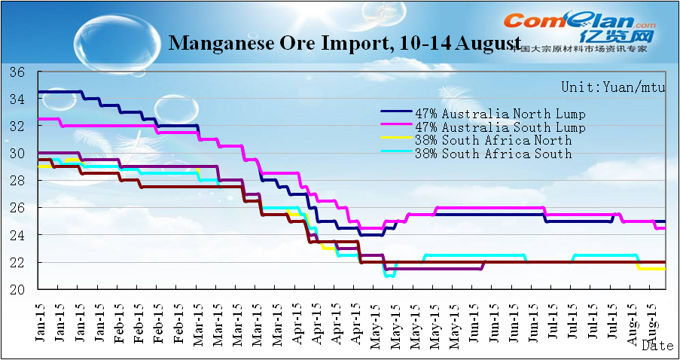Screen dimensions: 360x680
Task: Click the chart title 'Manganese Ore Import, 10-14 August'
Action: pos(345,42)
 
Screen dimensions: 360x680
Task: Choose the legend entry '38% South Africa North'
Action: pos(493,141)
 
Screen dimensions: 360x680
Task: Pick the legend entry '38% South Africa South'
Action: pos(493,154)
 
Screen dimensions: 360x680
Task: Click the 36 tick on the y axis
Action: pos(18,72)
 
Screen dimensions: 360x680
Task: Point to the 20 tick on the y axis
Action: pos(18,290)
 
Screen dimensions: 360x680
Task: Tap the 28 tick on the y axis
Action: pos(18,181)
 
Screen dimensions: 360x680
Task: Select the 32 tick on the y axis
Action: pos(18,127)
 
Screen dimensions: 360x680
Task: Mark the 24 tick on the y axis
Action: pos(18,235)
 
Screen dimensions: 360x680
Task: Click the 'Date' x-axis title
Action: pos(658,346)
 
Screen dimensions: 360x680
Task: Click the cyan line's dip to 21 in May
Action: pos(389,276)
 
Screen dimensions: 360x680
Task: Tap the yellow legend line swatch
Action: pos(396,141)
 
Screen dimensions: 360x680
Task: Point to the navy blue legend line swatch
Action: pos(396,114)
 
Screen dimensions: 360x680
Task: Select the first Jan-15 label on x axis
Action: pos(40,320)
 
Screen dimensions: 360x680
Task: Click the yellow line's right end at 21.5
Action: pos(663,269)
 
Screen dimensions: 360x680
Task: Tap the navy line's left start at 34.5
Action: pos(39,92)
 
